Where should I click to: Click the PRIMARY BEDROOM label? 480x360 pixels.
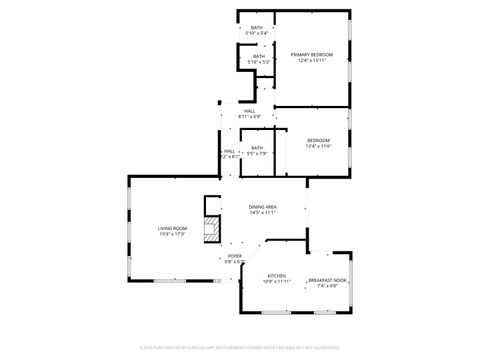pyautogui.click(x=312, y=54)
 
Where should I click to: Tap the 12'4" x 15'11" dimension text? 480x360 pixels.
pyautogui.click(x=312, y=60)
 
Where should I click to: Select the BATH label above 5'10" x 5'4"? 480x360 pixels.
pyautogui.click(x=257, y=27)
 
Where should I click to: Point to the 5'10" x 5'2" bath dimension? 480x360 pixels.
pyautogui.click(x=259, y=62)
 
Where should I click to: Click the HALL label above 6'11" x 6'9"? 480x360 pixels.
pyautogui.click(x=249, y=111)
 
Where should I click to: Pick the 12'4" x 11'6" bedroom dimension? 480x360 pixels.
pyautogui.click(x=318, y=146)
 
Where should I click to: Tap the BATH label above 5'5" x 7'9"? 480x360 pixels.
pyautogui.click(x=257, y=147)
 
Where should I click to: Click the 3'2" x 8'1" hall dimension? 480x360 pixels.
pyautogui.click(x=230, y=156)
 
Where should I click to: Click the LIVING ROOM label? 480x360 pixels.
pyautogui.click(x=172, y=229)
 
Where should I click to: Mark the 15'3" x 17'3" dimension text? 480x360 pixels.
pyautogui.click(x=172, y=235)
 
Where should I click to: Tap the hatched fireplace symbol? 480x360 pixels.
pyautogui.click(x=210, y=231)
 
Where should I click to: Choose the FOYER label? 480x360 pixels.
pyautogui.click(x=235, y=256)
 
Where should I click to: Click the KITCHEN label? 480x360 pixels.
pyautogui.click(x=277, y=275)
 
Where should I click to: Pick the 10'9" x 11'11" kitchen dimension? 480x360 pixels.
pyautogui.click(x=277, y=281)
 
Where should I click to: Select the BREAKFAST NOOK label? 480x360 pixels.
pyautogui.click(x=327, y=280)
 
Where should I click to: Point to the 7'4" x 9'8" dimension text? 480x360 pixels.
pyautogui.click(x=327, y=286)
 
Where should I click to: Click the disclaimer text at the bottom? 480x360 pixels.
pyautogui.click(x=240, y=348)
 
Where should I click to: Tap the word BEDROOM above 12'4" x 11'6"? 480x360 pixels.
pyautogui.click(x=318, y=140)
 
